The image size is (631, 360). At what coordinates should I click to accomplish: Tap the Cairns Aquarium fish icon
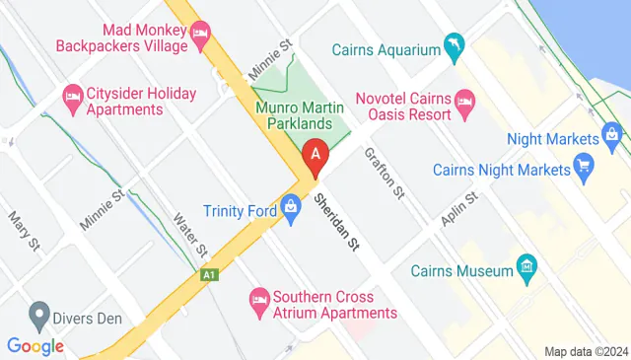pos(455,46)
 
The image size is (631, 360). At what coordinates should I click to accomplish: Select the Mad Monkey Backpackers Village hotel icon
pos(201,36)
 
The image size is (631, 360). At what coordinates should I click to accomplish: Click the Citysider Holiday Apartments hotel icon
pos(72,97)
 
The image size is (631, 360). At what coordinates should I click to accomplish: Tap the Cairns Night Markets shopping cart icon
pos(585,165)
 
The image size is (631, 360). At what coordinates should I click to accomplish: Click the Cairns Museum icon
pos(527,266)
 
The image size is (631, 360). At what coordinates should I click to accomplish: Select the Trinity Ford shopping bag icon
pos(290,208)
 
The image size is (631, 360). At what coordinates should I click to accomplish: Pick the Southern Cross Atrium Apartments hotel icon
pos(259,298)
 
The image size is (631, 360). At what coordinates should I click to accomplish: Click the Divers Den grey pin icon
pos(38,317)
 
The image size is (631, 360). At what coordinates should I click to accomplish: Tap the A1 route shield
pos(208,275)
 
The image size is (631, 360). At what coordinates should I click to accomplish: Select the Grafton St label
pos(385,173)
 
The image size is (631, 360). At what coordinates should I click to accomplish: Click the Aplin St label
pos(459,210)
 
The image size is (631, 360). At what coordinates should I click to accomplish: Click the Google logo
pos(35,345)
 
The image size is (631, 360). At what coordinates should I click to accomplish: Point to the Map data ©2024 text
pos(586,351)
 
